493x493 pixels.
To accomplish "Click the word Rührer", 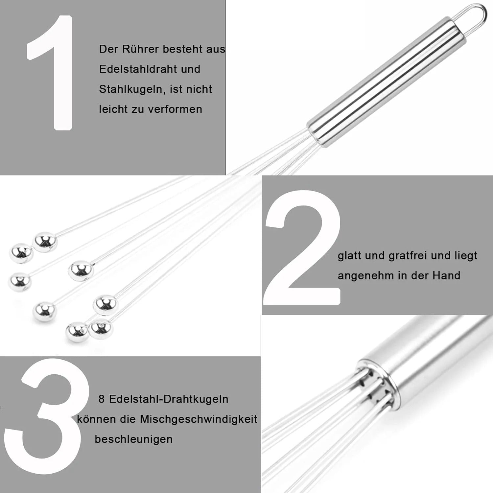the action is click(141, 49).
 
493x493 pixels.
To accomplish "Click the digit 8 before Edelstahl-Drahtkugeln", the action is click(102, 399).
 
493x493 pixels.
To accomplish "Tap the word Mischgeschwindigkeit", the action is click(199, 419).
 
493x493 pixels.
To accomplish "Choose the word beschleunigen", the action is click(134, 439).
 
